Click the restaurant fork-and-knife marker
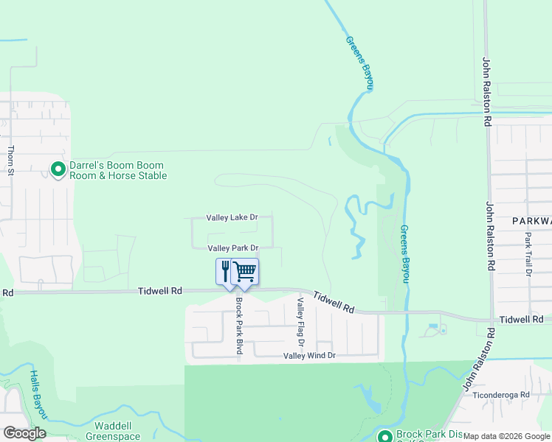click(x=226, y=270)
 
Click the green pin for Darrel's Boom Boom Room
click(x=58, y=169)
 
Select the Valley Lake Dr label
click(x=232, y=217)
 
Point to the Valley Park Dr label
click(x=232, y=248)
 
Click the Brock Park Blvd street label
click(x=239, y=325)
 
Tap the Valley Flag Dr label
click(x=300, y=322)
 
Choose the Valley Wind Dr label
click(x=310, y=356)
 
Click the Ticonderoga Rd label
click(x=504, y=394)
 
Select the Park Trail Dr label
click(x=528, y=254)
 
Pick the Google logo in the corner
click(x=24, y=432)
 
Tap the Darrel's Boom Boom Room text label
click(x=117, y=171)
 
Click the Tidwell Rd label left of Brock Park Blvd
click(x=159, y=291)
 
